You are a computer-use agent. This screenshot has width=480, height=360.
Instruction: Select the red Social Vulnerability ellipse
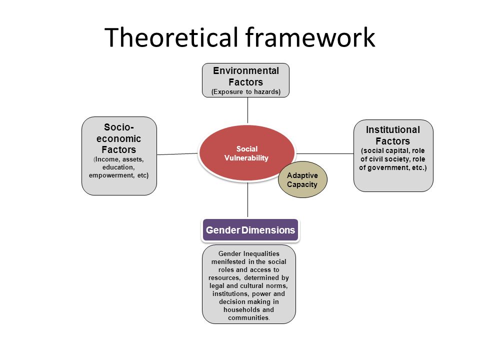246,153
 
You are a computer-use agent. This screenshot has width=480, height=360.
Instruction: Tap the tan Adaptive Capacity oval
302,179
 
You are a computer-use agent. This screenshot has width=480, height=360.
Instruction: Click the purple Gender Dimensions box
250,230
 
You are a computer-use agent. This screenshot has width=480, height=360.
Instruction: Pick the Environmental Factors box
246,80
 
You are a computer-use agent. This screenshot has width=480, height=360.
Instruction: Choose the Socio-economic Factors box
119,156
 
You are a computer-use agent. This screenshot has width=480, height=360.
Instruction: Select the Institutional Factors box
393,156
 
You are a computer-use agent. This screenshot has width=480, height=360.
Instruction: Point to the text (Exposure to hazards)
246,92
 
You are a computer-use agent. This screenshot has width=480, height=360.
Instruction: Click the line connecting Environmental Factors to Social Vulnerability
247,110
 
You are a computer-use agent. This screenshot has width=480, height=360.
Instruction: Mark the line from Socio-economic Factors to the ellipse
177,154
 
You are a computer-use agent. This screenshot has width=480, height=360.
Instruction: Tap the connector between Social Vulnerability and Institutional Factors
325,153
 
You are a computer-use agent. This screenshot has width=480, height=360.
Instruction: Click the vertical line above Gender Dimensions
247,199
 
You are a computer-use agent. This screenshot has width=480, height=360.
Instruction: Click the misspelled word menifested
228,261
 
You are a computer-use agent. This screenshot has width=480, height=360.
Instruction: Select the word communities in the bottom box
248,318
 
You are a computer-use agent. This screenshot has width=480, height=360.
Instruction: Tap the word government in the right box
389,168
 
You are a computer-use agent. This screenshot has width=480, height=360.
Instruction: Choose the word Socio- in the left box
119,127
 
